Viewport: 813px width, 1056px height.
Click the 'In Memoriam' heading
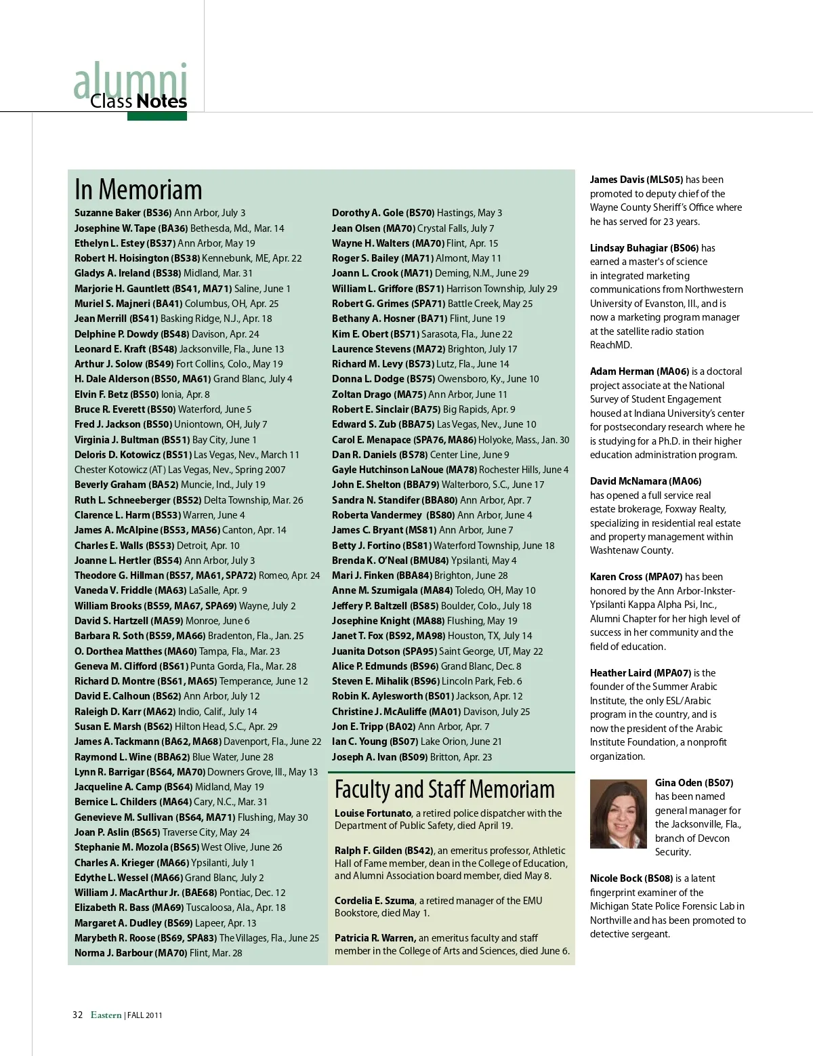coord(138,189)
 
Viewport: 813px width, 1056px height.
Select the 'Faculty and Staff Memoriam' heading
coord(444,790)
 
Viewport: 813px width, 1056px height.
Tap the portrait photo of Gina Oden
coord(618,813)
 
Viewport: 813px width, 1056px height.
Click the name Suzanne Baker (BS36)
coord(123,213)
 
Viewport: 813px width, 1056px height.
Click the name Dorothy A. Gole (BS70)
coord(383,213)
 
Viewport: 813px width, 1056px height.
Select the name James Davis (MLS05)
coord(636,180)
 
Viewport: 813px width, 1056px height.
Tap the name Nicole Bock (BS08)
coord(631,878)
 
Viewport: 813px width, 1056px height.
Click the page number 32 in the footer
coord(77,1015)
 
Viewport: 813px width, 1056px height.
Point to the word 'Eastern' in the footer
coord(106,1015)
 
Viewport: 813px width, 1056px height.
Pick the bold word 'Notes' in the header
coord(161,102)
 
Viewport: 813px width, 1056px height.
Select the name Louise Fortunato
coord(373,813)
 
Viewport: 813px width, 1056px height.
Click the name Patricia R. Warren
coord(375,938)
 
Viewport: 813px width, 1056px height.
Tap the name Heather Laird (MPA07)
coord(640,673)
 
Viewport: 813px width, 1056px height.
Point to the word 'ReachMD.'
coord(610,345)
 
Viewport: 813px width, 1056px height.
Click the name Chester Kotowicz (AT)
coord(119,470)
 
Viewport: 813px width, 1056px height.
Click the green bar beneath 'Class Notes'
coord(157,117)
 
